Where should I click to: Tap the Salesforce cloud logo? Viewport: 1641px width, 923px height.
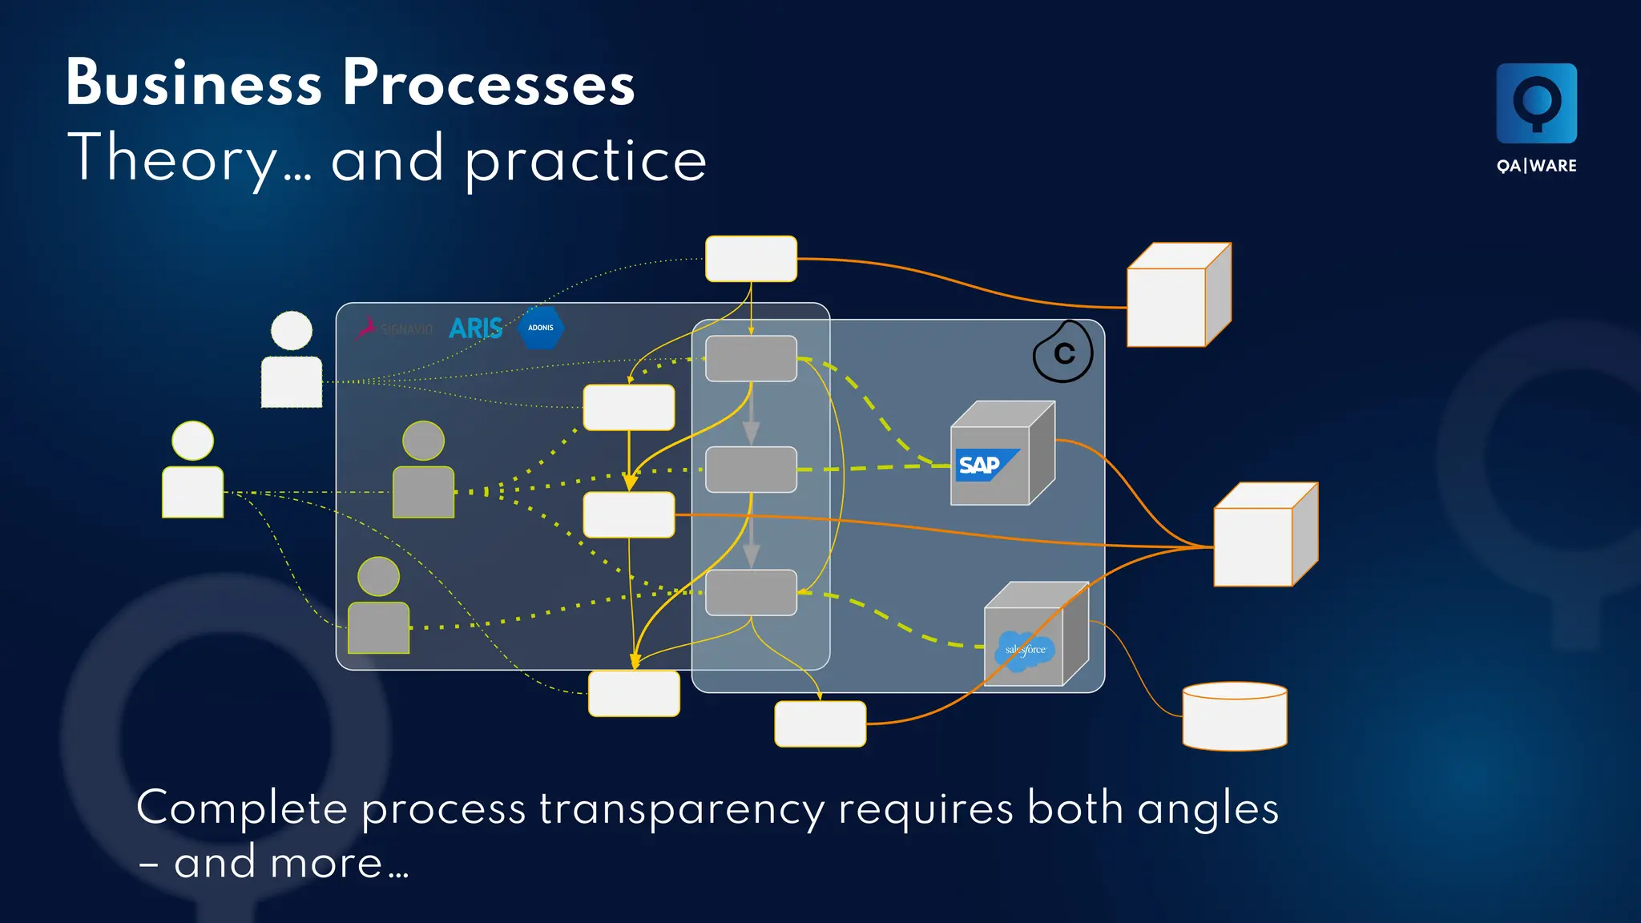tap(1025, 649)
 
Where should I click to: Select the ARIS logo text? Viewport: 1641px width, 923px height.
tap(475, 328)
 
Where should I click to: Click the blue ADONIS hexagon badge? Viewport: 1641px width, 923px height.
tap(542, 328)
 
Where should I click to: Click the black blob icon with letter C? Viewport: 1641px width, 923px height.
tap(1062, 353)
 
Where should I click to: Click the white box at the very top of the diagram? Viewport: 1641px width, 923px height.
tap(751, 259)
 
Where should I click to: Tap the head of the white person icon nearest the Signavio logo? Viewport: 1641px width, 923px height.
tap(292, 331)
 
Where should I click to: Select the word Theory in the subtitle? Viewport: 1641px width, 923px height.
tap(172, 159)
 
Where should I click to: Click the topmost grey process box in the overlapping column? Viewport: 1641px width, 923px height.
tap(751, 358)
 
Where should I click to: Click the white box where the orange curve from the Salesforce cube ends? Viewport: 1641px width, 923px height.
tap(820, 723)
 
